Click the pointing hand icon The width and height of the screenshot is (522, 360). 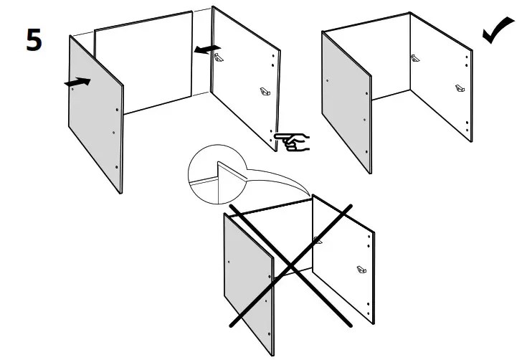coord(293,141)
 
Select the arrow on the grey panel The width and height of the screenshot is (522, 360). coord(77,82)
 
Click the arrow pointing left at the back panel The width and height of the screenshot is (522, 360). coord(207,47)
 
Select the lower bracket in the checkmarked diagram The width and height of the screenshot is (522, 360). coord(460,89)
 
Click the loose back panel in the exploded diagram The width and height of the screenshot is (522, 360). coord(143,65)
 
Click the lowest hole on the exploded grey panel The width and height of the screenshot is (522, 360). coord(117,167)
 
